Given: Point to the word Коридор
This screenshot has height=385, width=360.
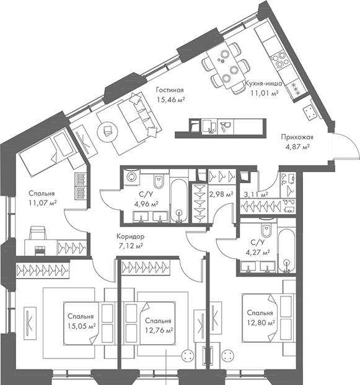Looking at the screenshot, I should click(x=130, y=236).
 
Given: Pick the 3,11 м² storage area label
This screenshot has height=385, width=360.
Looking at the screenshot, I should click(x=256, y=194).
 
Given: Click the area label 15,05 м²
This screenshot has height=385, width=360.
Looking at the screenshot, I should click(x=82, y=325).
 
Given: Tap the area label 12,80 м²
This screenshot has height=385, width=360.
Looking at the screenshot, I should click(x=258, y=322).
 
